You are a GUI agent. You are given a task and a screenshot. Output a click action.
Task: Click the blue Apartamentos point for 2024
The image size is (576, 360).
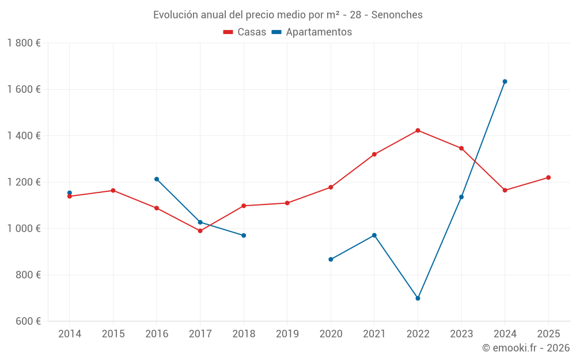coord(505,81)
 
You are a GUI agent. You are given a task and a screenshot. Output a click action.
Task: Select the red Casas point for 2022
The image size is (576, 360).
coord(418,130)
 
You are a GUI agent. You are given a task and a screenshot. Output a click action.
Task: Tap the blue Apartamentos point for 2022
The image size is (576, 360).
coord(418,298)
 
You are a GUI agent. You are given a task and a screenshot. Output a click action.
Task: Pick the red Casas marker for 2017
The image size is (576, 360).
coord(200,231)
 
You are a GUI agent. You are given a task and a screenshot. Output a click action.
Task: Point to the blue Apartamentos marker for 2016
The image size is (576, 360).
coord(157,179)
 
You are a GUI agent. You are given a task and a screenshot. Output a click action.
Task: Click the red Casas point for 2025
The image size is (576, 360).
coord(548,177)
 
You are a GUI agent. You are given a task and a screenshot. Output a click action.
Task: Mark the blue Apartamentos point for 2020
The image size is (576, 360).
coord(331,259)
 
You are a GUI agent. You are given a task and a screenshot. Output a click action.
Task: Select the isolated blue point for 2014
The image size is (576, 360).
coord(70,193)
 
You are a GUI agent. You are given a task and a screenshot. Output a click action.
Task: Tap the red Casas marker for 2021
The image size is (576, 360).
coord(374,154)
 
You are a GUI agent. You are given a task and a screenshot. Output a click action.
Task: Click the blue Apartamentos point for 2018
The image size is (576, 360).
coord(244,236)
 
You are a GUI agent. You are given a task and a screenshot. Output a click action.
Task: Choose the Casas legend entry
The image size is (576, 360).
coord(245,32)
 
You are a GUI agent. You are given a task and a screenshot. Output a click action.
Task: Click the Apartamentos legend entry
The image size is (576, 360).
coord(312,32)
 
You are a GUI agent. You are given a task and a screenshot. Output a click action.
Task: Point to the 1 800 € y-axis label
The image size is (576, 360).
coord(24,43)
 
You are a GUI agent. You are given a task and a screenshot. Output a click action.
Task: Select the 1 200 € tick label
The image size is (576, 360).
coord(24,182)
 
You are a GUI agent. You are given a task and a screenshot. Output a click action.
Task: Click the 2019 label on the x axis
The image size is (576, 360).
coord(287,334)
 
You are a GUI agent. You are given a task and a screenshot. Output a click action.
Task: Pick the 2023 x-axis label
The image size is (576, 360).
coord(461,334)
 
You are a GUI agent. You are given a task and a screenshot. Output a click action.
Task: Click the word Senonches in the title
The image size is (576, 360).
coord(396,14)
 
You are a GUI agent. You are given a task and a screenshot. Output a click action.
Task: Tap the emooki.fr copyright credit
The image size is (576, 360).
coord(526,348)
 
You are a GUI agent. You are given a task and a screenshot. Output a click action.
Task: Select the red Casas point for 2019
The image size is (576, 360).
coord(287,203)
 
